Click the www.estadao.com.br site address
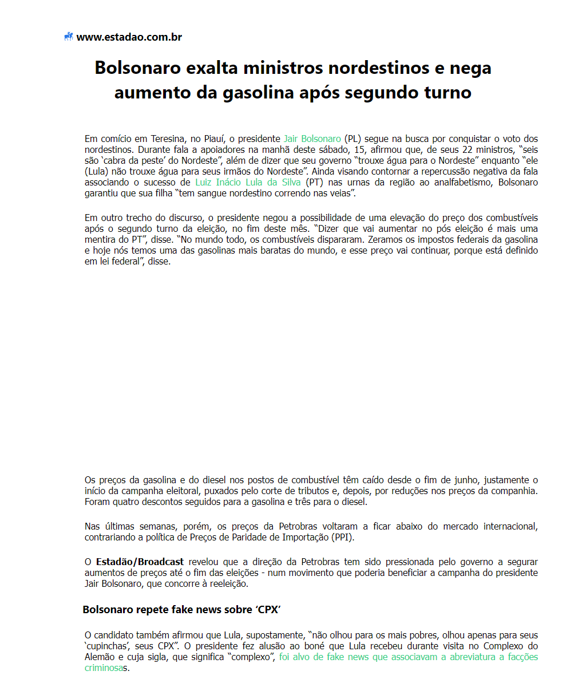click(x=129, y=37)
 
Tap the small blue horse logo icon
click(x=69, y=37)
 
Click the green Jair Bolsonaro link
click(x=312, y=139)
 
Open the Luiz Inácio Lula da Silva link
click(x=248, y=182)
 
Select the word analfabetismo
click(x=463, y=182)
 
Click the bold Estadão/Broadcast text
click(x=140, y=562)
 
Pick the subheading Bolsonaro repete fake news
click(x=181, y=609)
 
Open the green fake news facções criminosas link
click(x=408, y=657)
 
